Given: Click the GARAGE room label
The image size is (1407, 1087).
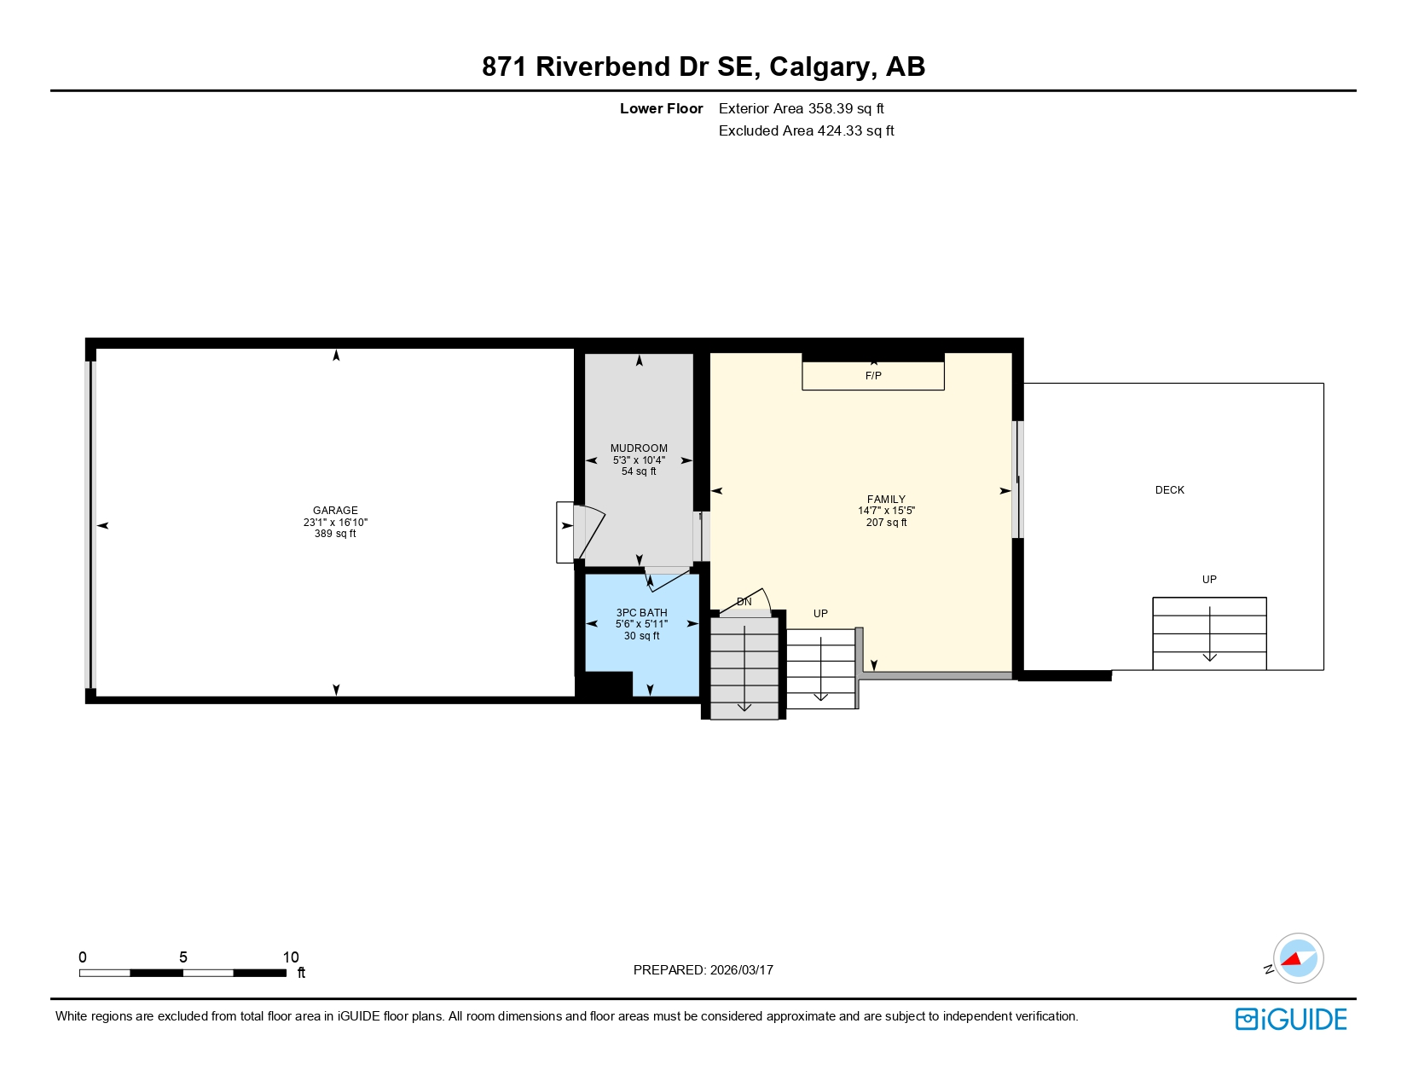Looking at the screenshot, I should coord(335,510).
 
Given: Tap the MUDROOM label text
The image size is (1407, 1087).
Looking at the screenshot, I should coord(639,448).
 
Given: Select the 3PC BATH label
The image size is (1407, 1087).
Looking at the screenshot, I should coord(641,613).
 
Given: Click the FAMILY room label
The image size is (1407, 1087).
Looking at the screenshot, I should coord(886,500).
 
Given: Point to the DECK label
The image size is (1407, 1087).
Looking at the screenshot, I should coord(1169,490).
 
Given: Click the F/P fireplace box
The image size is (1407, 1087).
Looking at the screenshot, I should coord(872,376).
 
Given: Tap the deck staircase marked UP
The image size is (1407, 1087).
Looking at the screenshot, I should coord(1208,633).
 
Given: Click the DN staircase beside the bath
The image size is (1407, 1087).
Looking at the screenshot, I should coord(744,668).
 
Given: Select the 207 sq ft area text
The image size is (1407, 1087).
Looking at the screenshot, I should coord(886,523).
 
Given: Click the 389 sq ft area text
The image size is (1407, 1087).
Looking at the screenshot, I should coord(335,534).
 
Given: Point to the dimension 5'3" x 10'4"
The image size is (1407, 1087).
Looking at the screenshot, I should coord(639,460).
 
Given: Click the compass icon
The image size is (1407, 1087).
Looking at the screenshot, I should coord(1298,958).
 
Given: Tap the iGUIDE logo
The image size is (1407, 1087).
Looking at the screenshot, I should coord(1290,1019).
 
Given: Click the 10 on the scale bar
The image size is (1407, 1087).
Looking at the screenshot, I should coord(291,957).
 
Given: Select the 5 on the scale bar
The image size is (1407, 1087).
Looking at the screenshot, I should coord(182,957).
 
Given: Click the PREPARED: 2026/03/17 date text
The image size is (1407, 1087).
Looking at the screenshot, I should coord(703,970).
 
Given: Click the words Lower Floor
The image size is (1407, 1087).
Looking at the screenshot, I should coord(661,109).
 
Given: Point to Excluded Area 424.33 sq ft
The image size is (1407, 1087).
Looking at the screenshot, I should coord(806,131).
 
